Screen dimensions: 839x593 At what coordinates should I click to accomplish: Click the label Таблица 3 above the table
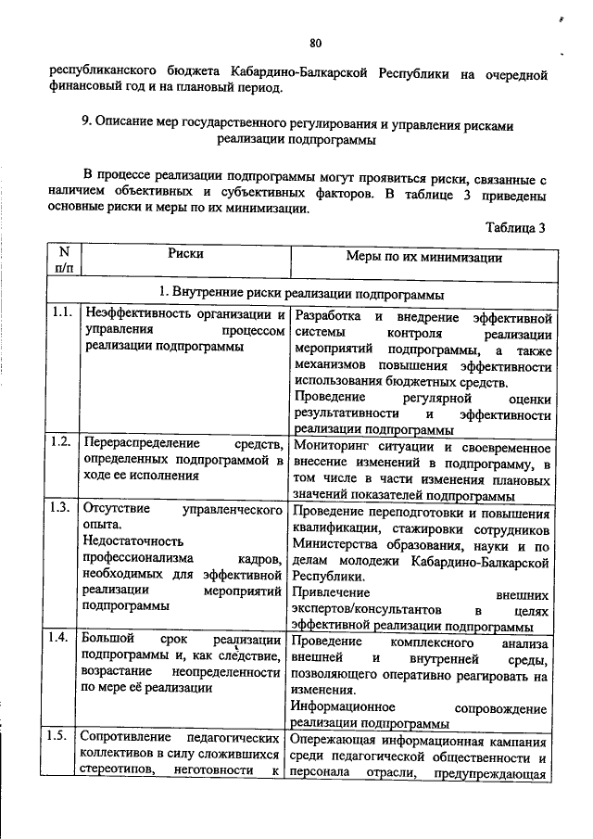point(514,228)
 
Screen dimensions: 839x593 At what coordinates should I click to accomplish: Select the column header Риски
point(185,252)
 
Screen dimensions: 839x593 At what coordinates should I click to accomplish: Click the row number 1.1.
point(63,312)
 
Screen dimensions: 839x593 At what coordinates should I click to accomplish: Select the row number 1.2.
point(63,441)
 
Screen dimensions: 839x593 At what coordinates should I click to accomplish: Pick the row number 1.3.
point(63,508)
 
